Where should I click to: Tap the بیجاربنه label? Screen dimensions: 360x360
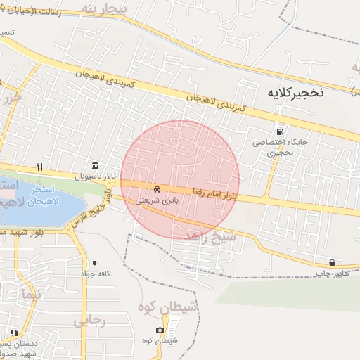pyautogui.click(x=105, y=8)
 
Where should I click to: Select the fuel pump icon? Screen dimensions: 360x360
pyautogui.click(x=281, y=131)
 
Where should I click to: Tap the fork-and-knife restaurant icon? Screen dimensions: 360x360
pyautogui.click(x=40, y=167)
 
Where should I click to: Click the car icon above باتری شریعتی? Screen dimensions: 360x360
pyautogui.click(x=157, y=190)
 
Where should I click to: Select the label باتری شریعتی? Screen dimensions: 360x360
pyautogui.click(x=157, y=200)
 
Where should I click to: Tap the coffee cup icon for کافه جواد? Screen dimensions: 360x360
pyautogui.click(x=95, y=263)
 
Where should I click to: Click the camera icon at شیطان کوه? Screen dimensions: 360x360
pyautogui.click(x=160, y=330)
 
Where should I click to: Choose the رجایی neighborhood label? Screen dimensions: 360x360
pyautogui.click(x=89, y=321)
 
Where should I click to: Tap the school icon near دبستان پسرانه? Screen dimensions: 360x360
pyautogui.click(x=13, y=332)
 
